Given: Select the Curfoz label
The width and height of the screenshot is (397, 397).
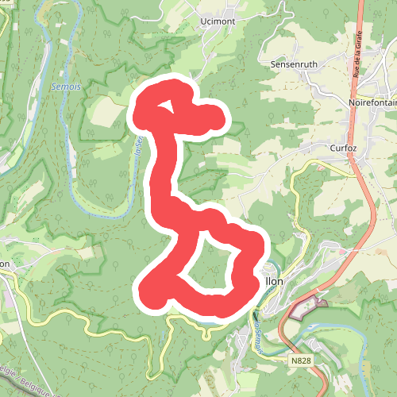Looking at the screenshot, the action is click(345, 148).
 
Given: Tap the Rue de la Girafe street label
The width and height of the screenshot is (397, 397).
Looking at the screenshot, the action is click(357, 60).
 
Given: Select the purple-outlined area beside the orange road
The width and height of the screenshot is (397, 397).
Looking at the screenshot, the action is click(306, 308).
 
